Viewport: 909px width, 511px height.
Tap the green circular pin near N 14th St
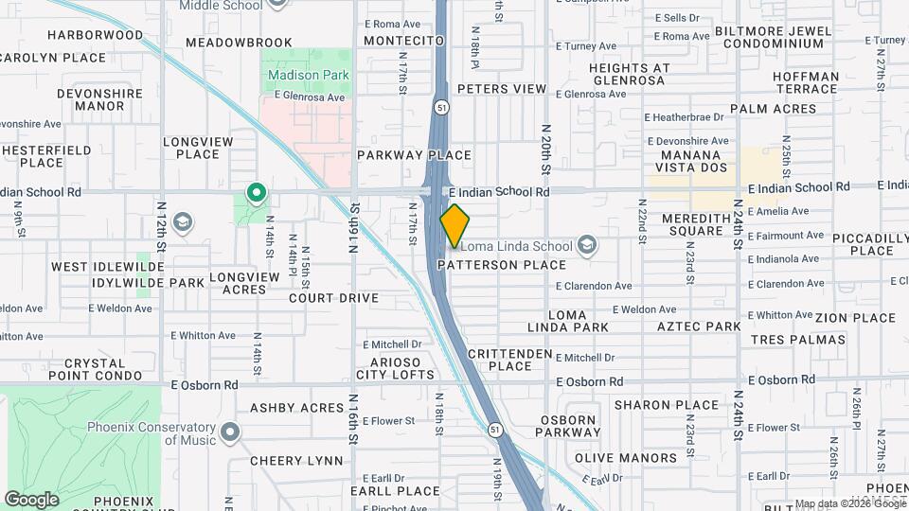click(x=256, y=194)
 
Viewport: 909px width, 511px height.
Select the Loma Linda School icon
click(x=588, y=246)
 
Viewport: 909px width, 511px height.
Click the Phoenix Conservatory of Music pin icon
click(x=229, y=434)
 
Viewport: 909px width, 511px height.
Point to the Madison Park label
click(x=308, y=75)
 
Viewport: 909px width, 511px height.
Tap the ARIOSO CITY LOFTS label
click(x=410, y=368)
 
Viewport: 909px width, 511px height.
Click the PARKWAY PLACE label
click(x=414, y=155)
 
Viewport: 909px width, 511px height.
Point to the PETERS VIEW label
click(x=502, y=89)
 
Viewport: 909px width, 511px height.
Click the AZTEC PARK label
click(x=699, y=326)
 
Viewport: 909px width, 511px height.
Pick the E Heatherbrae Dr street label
click(x=684, y=117)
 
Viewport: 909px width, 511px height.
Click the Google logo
click(x=31, y=499)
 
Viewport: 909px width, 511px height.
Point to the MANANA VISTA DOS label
click(x=695, y=161)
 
